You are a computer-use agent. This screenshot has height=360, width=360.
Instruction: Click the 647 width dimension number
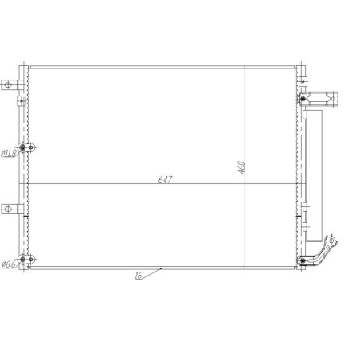click(x=165, y=180)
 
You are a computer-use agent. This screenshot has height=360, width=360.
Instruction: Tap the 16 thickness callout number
click(x=139, y=277)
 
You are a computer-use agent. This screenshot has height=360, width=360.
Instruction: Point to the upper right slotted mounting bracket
click(x=323, y=100)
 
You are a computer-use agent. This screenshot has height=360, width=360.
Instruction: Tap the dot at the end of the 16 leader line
click(x=162, y=268)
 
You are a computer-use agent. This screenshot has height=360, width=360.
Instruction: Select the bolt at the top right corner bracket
click(x=303, y=99)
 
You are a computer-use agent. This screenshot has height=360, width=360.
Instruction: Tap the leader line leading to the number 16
click(x=152, y=272)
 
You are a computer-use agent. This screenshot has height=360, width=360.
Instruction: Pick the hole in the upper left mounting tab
click(x=8, y=84)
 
